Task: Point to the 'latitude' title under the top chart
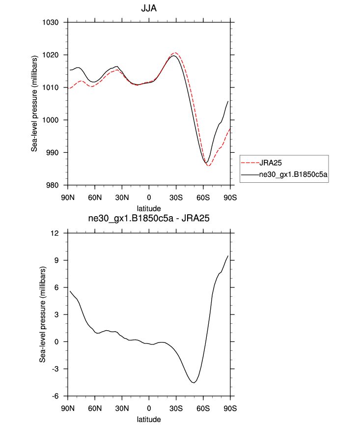pos(149,209)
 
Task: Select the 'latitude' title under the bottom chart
pos(149,420)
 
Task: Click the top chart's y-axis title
pos(34,104)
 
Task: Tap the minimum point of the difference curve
pos(194,383)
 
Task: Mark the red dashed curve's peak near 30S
pos(175,53)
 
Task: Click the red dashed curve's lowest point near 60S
pos(209,166)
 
